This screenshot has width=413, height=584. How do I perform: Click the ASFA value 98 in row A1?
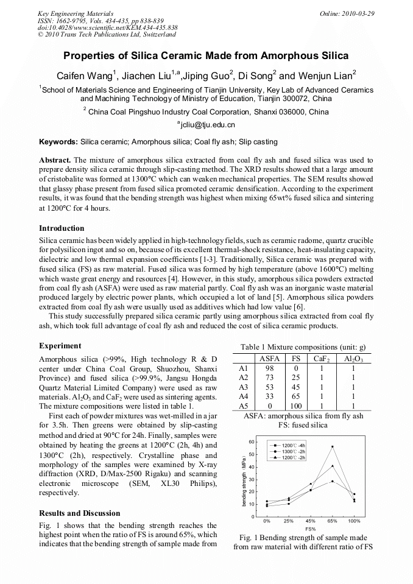click(x=270, y=368)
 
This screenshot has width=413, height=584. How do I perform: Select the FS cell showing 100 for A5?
click(x=296, y=405)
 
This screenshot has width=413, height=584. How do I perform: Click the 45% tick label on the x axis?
click(x=310, y=522)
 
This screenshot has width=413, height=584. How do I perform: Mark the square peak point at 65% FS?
click(x=332, y=446)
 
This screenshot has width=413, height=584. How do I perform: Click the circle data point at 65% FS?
click(x=332, y=466)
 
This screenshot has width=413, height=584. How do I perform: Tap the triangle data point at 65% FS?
click(x=332, y=481)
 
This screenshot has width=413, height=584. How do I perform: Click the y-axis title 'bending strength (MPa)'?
click(x=244, y=479)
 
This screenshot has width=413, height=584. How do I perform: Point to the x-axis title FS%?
click(x=310, y=529)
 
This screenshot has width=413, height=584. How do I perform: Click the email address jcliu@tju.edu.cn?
click(x=206, y=125)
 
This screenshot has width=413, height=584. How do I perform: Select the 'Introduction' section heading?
click(x=62, y=228)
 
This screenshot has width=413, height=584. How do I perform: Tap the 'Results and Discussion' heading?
click(x=80, y=513)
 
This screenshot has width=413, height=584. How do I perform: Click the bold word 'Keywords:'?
click(x=58, y=142)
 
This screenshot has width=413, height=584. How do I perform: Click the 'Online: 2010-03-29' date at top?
click(x=347, y=13)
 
